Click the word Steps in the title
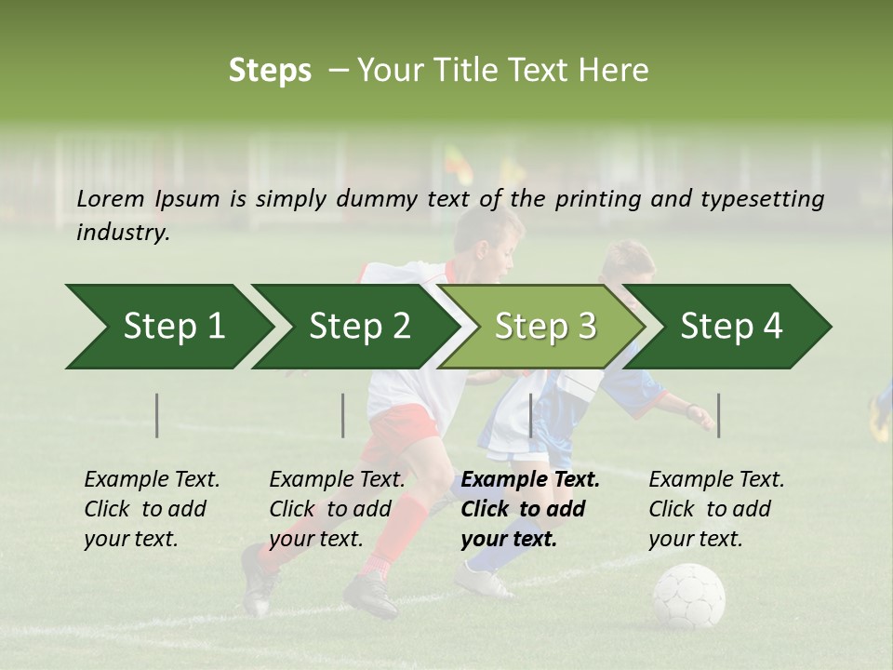(270, 71)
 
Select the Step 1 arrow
(167, 327)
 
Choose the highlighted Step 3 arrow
(544, 327)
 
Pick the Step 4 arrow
(730, 327)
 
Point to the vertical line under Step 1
(157, 415)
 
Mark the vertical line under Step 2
(343, 415)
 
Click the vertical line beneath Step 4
(718, 415)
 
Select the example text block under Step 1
(152, 509)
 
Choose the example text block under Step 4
(716, 509)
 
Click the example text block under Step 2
(337, 509)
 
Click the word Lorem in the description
(111, 198)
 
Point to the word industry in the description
(123, 233)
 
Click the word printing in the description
(593, 199)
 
